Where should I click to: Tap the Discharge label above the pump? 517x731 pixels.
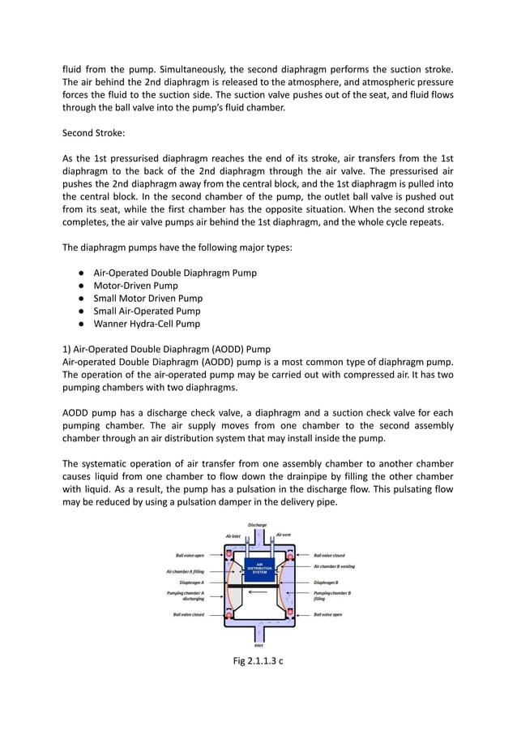click(x=258, y=525)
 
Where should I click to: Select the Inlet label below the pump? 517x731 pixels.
click(x=258, y=645)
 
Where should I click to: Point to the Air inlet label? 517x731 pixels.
click(x=233, y=535)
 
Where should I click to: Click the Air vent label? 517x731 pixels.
click(x=284, y=535)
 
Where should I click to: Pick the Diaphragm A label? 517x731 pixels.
click(x=191, y=583)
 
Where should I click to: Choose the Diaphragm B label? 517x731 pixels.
click(x=326, y=583)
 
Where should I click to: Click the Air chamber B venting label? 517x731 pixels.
click(x=334, y=566)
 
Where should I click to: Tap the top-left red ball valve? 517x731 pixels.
click(x=229, y=556)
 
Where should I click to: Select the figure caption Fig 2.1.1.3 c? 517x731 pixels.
click(x=258, y=660)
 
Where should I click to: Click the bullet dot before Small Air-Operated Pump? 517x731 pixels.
click(x=83, y=312)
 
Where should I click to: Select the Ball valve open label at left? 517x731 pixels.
click(x=190, y=556)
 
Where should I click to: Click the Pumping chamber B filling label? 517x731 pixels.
click(x=332, y=596)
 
